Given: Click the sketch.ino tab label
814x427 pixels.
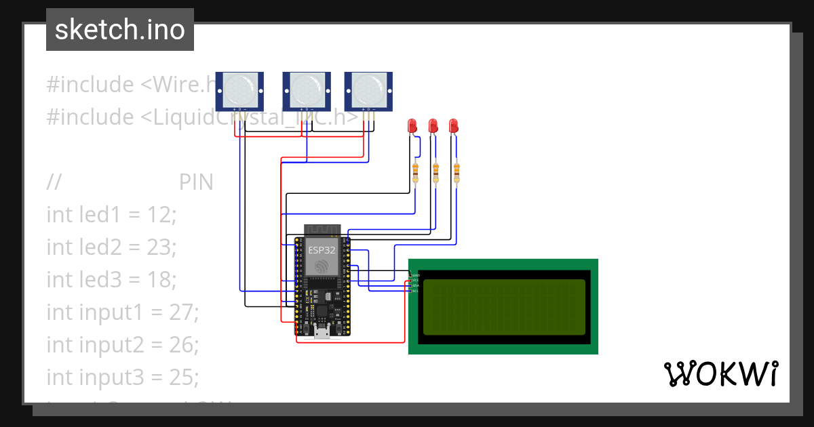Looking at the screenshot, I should [119, 30].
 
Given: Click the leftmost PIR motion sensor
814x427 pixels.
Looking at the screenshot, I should [239, 90].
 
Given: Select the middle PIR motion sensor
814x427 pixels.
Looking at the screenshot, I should [306, 90].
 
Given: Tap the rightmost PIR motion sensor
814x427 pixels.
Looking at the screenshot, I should [368, 90].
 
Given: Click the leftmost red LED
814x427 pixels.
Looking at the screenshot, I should [412, 125].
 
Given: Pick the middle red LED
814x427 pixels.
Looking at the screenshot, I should [433, 125].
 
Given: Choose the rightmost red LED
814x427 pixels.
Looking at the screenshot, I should [453, 125].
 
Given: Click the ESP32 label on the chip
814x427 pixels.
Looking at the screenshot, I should [322, 249].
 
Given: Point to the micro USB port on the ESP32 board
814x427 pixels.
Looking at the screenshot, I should [322, 330].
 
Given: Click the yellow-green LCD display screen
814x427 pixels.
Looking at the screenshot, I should [504, 307].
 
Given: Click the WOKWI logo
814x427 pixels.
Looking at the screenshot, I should [721, 373].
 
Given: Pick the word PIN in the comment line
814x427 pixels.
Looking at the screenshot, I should [196, 182].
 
